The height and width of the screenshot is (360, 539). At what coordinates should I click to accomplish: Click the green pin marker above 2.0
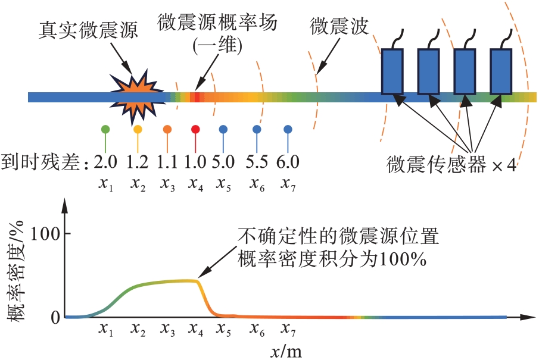[x=105, y=129]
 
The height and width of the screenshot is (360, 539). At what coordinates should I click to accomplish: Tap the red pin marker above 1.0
[x=195, y=129]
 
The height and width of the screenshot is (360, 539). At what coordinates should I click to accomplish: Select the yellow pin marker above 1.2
[x=138, y=129]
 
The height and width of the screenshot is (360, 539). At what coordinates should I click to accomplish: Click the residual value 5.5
[x=257, y=162]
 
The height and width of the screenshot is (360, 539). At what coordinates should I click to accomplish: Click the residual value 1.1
[x=167, y=162]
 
